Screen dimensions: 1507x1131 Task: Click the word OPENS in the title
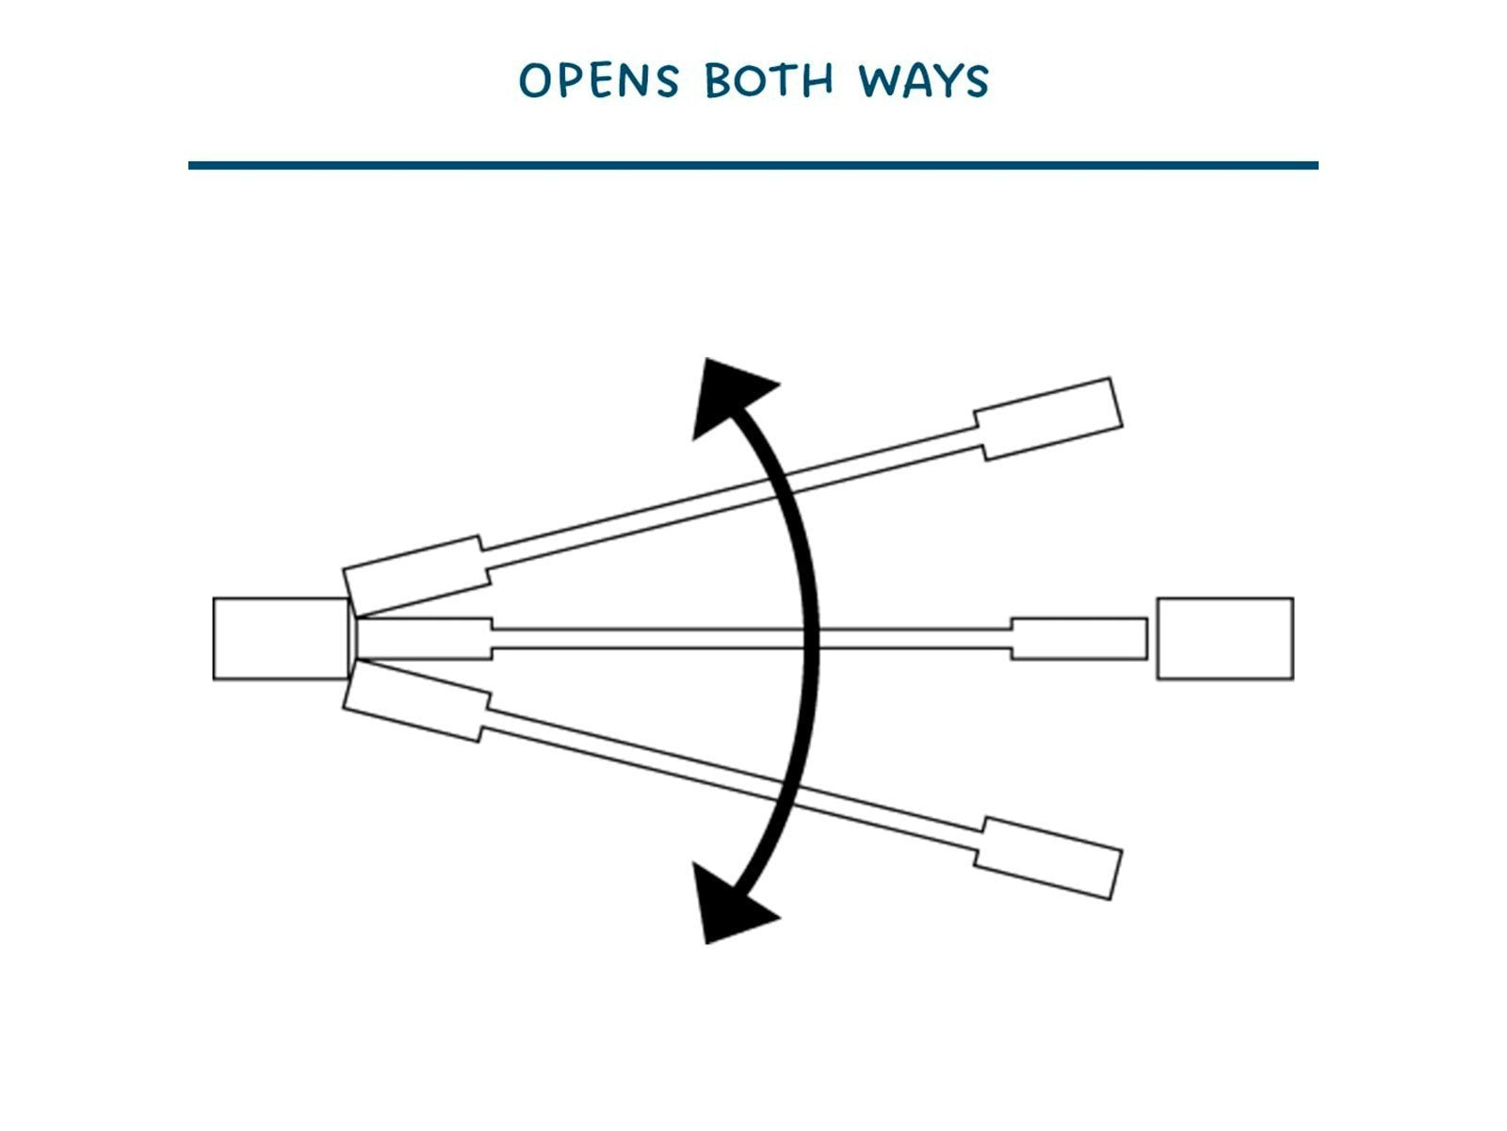[599, 80]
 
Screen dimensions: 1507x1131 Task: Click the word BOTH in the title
[769, 80]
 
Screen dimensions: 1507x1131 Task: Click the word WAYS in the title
[923, 80]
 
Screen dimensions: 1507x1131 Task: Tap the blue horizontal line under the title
[753, 166]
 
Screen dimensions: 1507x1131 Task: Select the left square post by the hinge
[282, 639]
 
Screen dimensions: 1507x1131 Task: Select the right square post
[1225, 639]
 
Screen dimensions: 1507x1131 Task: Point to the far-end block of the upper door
[1049, 418]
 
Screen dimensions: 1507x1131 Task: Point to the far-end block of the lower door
[1049, 858]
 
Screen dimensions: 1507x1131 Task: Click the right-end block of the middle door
[1079, 639]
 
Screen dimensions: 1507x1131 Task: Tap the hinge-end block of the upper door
[416, 576]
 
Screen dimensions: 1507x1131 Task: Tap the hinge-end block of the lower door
[416, 701]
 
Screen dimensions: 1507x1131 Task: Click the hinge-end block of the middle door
[424, 639]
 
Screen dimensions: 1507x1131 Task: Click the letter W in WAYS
[879, 80]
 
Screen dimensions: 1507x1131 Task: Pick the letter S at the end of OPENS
[665, 80]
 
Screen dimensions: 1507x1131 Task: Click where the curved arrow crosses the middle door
[811, 639]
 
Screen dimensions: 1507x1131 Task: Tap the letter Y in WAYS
[945, 81]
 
